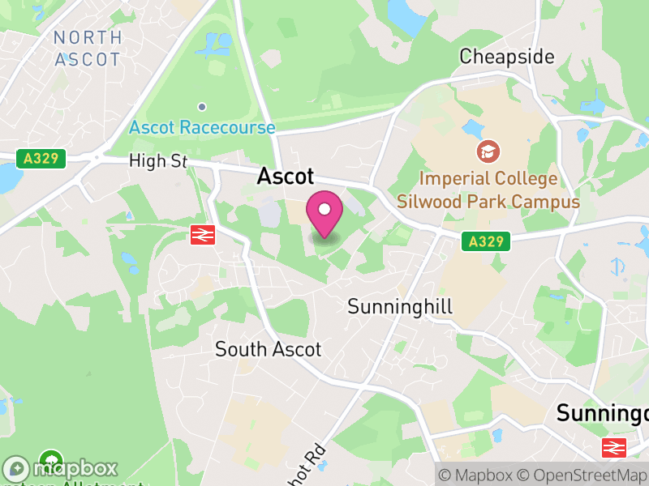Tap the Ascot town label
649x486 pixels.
click(286, 177)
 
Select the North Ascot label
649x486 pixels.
click(87, 49)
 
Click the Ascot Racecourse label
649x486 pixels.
click(202, 127)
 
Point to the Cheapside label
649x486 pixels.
click(506, 57)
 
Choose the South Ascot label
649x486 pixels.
click(268, 349)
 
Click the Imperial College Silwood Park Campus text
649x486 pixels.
click(488, 190)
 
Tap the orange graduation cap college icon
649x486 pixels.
click(488, 151)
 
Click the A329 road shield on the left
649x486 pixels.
click(41, 158)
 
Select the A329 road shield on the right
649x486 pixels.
click(487, 241)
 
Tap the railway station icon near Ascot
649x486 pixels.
click(202, 235)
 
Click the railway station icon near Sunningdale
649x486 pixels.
click(612, 446)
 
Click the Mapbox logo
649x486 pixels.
click(61, 469)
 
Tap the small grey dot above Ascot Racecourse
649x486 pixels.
click(202, 106)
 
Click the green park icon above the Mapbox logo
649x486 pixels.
click(52, 460)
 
